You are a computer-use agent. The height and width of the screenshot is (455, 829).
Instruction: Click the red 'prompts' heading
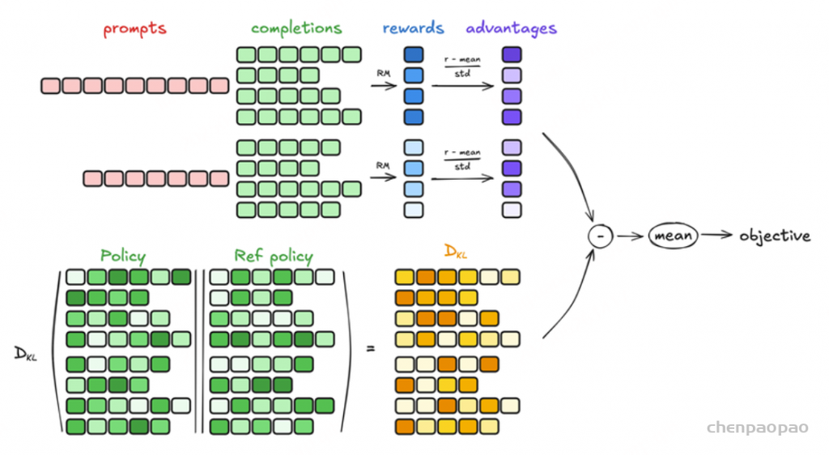tap(135, 28)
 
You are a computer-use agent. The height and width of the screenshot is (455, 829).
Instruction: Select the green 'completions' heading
tap(296, 28)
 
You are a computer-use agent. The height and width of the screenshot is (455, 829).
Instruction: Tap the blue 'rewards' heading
tap(413, 28)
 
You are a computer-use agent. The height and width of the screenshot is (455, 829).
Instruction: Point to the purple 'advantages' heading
tap(512, 28)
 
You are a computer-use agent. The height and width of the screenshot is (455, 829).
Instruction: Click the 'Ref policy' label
tap(274, 257)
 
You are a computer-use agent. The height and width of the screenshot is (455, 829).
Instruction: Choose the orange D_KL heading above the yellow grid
tap(456, 252)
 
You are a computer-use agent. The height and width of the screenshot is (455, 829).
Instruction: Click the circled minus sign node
tap(601, 236)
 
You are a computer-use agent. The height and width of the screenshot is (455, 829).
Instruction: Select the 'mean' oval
tap(673, 236)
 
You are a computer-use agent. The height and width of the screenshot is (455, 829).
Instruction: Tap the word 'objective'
tap(775, 236)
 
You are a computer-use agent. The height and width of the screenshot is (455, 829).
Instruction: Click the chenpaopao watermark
tap(757, 427)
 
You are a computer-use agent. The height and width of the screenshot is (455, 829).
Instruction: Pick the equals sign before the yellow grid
tap(371, 348)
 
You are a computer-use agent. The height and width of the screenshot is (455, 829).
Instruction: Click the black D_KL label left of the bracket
tap(25, 354)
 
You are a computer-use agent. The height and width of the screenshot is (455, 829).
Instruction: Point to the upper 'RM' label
tap(383, 74)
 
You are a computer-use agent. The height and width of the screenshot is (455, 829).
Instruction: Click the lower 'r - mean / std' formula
tap(462, 159)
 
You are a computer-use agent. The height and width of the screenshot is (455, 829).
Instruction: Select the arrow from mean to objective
tap(717, 235)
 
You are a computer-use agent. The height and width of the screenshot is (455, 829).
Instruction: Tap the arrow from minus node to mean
tap(630, 236)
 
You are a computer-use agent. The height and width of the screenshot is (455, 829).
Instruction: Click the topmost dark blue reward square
tap(414, 54)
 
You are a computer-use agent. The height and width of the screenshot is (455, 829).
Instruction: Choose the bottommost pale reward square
tap(414, 210)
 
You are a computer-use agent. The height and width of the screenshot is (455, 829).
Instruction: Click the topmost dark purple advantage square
tap(512, 54)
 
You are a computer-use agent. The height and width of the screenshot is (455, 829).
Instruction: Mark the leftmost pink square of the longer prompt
tap(50, 86)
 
